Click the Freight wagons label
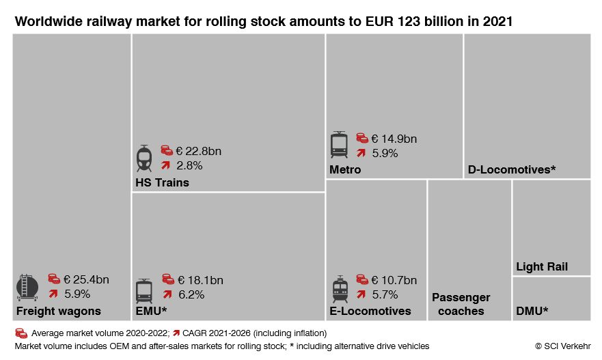pyautogui.click(x=59, y=311)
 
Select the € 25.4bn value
pyautogui.click(x=86, y=279)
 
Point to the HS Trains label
pyautogui.click(x=162, y=183)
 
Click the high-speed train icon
pyautogui.click(x=143, y=158)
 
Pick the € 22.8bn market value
pyautogui.click(x=199, y=151)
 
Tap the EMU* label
pyautogui.click(x=152, y=311)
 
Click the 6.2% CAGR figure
pyautogui.click(x=191, y=294)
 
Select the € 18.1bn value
pyautogui.click(x=200, y=280)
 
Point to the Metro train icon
pyautogui.click(x=340, y=146)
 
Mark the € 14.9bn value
pyautogui.click(x=394, y=139)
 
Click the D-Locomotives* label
pyautogui.click(x=510, y=169)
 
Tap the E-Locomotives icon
pyautogui.click(x=340, y=289)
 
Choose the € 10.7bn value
pyautogui.click(x=394, y=280)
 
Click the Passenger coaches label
pyautogui.click(x=461, y=305)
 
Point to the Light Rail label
pyautogui.click(x=542, y=267)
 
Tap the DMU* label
pyautogui.click(x=532, y=311)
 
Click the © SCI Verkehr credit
pyautogui.click(x=562, y=346)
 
